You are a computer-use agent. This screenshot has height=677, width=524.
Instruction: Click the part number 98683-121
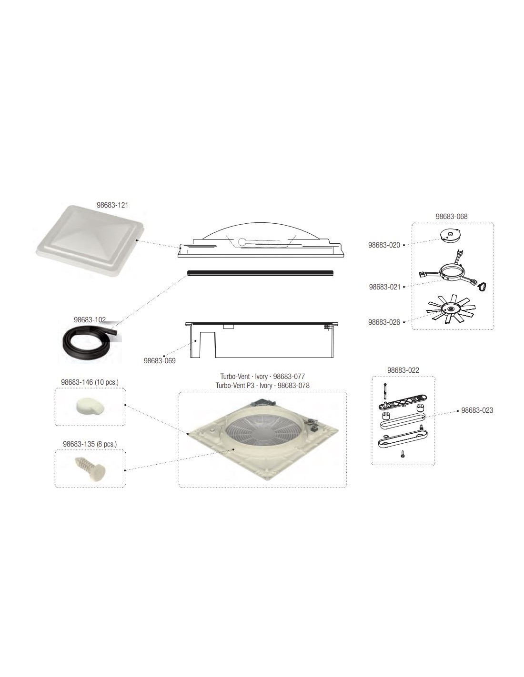click(112, 205)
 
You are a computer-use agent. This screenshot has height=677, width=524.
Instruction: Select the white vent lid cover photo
click(91, 240)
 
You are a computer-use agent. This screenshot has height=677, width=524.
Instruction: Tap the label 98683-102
click(90, 319)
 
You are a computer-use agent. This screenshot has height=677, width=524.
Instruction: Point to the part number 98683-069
click(160, 361)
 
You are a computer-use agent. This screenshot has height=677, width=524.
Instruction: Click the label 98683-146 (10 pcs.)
click(90, 382)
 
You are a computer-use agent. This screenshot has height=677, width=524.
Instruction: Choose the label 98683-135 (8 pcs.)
click(90, 444)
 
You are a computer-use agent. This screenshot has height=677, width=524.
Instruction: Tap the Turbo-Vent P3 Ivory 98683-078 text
click(262, 385)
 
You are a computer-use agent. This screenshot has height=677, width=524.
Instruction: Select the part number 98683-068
click(452, 217)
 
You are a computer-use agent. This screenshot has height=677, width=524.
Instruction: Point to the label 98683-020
click(384, 245)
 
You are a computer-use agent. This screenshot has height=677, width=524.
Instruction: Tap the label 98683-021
click(384, 287)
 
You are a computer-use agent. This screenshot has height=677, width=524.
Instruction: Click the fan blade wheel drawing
click(451, 309)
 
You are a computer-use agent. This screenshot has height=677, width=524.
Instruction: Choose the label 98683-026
click(384, 322)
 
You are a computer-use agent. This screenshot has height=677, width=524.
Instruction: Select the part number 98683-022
click(403, 370)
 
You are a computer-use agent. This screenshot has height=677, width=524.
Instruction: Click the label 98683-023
click(477, 410)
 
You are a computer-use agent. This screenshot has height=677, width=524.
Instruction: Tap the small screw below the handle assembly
click(403, 455)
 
